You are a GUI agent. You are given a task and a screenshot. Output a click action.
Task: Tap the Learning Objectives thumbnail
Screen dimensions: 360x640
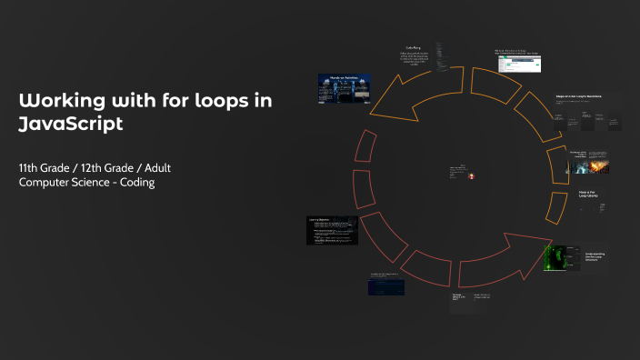[x=332, y=230]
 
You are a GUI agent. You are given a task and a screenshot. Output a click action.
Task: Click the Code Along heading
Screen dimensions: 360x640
[x=413, y=47]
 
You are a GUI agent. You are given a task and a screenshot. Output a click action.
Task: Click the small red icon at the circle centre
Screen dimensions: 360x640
[x=471, y=177]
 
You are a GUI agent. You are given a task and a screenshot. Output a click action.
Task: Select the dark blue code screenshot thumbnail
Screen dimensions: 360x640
[x=386, y=286]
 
